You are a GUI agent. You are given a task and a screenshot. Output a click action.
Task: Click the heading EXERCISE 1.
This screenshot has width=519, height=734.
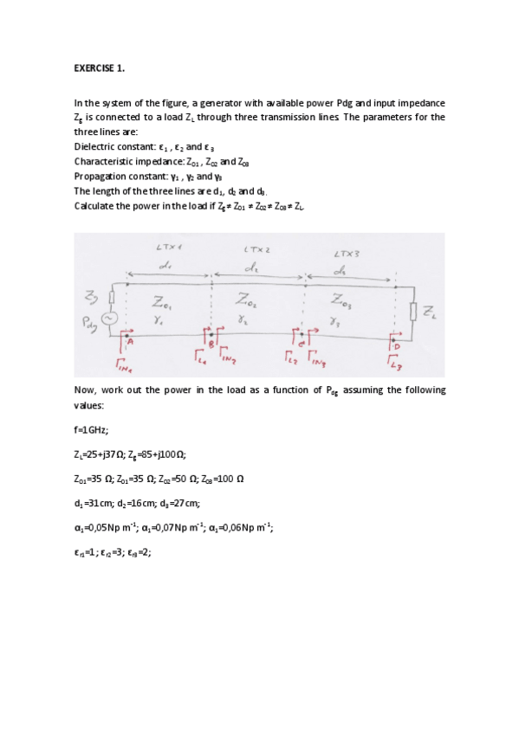tap(99, 68)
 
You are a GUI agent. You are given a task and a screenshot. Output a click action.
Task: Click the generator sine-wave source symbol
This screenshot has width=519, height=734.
tap(110, 319)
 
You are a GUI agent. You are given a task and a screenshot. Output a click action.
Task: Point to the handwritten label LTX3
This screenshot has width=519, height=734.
tap(347, 254)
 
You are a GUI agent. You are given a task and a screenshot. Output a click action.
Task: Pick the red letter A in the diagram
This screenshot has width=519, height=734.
tap(132, 340)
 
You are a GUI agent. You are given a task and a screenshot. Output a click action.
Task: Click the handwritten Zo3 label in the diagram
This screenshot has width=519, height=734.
tap(344, 301)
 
